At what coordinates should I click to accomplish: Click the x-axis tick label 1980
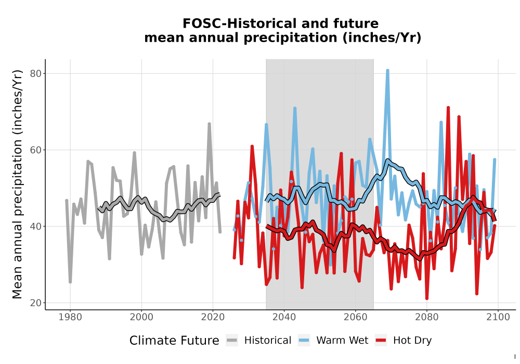pyautogui.click(x=70, y=317)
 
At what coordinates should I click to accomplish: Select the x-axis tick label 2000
pyautogui.click(x=141, y=317)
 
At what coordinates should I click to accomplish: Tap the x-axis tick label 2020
pyautogui.click(x=213, y=317)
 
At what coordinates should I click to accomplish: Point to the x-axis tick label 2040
pyautogui.click(x=284, y=317)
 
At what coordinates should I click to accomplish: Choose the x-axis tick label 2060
pyautogui.click(x=355, y=317)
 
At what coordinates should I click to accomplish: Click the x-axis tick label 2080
pyautogui.click(x=427, y=317)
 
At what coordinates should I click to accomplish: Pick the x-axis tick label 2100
pyautogui.click(x=498, y=317)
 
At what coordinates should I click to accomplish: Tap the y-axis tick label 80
pyautogui.click(x=36, y=74)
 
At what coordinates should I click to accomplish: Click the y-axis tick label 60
pyautogui.click(x=36, y=150)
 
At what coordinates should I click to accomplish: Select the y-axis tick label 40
pyautogui.click(x=36, y=226)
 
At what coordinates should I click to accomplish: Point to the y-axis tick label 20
pyautogui.click(x=36, y=303)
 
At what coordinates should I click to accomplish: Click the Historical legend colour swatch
pyautogui.click(x=232, y=341)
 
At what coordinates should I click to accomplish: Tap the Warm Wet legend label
pyautogui.click(x=342, y=341)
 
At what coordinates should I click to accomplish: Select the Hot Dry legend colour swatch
pyautogui.click(x=381, y=341)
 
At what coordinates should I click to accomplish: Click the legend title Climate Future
pyautogui.click(x=174, y=341)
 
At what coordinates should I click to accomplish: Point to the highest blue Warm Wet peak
pyautogui.click(x=387, y=71)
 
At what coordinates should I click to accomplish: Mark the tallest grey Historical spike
pyautogui.click(x=209, y=124)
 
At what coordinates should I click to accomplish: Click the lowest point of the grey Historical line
pyautogui.click(x=70, y=282)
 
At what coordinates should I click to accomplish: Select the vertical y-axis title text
pyautogui.click(x=17, y=184)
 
